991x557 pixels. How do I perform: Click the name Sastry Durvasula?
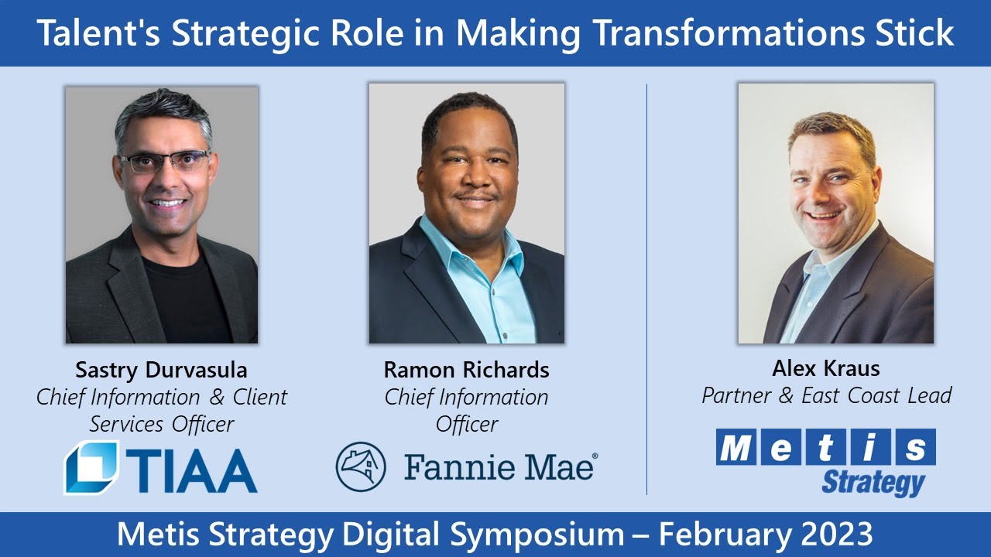pyautogui.click(x=161, y=370)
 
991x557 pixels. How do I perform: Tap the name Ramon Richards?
pyautogui.click(x=466, y=370)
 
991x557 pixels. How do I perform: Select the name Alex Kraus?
pyautogui.click(x=826, y=368)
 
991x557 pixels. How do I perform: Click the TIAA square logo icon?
pyautogui.click(x=91, y=466)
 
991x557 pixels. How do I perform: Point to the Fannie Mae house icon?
pyautogui.click(x=361, y=466)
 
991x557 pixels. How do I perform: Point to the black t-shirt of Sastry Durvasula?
pyautogui.click(x=185, y=296)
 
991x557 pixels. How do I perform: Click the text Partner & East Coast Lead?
pyautogui.click(x=826, y=395)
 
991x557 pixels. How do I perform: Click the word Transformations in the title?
pyautogui.click(x=728, y=32)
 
